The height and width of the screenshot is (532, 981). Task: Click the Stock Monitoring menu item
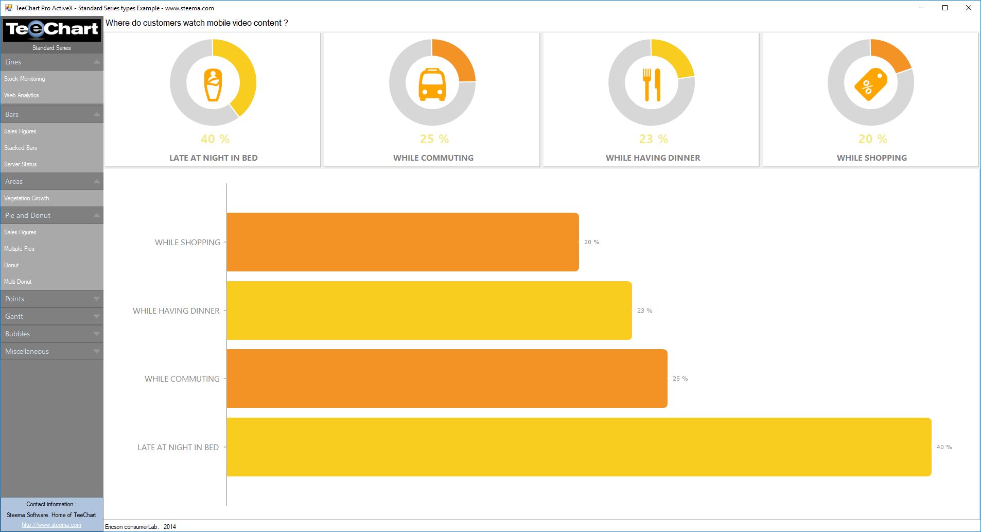[25, 79]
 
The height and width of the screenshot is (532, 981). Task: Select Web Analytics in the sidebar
[22, 95]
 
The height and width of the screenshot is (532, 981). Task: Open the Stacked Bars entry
[21, 148]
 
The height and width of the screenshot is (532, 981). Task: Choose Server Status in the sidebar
[21, 164]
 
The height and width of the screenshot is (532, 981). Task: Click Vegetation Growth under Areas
[27, 198]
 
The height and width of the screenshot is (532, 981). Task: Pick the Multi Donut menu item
[18, 282]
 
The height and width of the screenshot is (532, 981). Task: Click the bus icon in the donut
[432, 84]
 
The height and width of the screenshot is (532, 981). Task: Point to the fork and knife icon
[652, 84]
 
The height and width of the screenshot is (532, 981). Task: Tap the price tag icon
[871, 84]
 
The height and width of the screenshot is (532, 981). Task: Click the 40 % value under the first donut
[215, 139]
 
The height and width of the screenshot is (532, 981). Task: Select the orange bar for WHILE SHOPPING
[402, 242]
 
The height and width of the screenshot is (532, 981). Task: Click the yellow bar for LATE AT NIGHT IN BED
[579, 447]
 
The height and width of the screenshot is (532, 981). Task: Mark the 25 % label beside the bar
[680, 379]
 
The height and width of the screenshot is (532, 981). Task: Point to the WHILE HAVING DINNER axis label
[176, 311]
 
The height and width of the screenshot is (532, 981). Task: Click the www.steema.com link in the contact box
[51, 525]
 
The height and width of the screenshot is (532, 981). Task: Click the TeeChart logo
[51, 29]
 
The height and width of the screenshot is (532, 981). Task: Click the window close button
[968, 8]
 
